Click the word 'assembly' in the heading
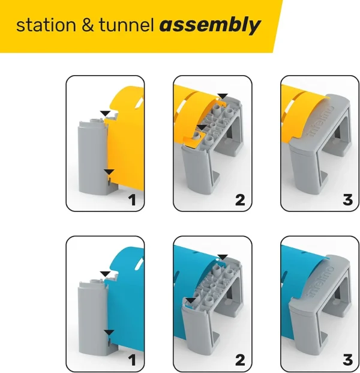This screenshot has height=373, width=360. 210,25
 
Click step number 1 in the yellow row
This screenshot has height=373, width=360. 133,200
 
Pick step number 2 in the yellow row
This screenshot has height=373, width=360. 240,200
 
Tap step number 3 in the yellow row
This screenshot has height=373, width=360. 347,200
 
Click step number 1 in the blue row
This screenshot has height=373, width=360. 133,360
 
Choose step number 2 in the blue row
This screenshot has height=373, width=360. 240,360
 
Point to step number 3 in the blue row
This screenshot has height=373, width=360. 347,360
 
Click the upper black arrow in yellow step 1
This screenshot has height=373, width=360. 106,113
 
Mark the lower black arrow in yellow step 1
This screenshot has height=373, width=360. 107,172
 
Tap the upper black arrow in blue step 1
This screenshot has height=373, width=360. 106,274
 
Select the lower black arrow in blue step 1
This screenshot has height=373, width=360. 108,332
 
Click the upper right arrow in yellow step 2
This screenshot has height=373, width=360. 223,96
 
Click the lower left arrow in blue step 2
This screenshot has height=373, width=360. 191,300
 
